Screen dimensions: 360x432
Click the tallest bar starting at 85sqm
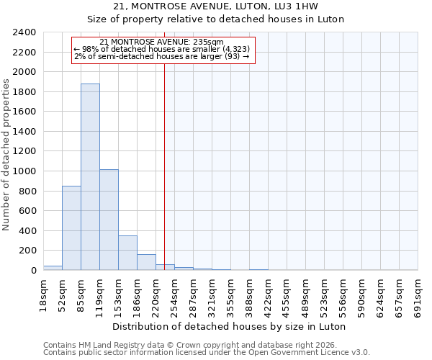pos(90,177)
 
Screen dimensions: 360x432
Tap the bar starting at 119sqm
pos(109,220)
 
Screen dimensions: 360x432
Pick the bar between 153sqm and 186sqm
pos(127,253)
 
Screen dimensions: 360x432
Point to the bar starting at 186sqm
pos(146,262)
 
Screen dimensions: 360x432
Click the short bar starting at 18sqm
pos(53,268)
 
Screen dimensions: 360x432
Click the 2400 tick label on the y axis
pos(24,32)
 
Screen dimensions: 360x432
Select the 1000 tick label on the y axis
pos(24,171)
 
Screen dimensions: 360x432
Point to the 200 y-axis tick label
pos(27,251)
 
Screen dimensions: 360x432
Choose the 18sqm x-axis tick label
pos(44,293)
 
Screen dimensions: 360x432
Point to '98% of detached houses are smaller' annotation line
pos(162,49)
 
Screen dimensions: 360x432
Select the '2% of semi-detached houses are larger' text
pos(162,56)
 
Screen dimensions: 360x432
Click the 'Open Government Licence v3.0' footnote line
pos(207,353)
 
